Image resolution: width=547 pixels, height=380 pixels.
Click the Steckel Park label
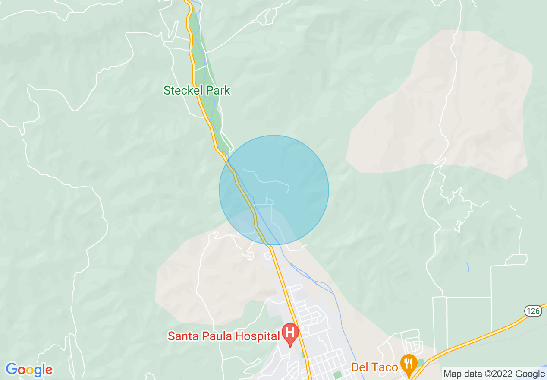tap(197, 91)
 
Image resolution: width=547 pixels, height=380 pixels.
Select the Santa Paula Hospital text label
tap(223, 336)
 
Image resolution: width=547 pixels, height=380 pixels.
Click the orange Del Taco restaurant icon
tap(408, 364)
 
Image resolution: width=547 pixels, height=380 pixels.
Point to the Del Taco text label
tap(374, 367)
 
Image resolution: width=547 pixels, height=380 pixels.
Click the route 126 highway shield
tap(533, 310)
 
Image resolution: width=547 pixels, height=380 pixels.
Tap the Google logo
tap(29, 370)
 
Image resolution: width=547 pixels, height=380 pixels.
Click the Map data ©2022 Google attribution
tap(494, 374)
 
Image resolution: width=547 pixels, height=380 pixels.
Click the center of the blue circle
tap(274, 190)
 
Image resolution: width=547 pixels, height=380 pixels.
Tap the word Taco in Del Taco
tap(384, 367)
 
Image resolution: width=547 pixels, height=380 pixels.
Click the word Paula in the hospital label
tap(214, 336)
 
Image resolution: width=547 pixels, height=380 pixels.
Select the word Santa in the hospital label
tap(181, 336)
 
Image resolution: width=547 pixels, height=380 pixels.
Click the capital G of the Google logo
tap(12, 370)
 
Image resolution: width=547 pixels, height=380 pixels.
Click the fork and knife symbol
tap(408, 362)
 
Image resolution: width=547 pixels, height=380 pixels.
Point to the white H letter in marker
tap(290, 332)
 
